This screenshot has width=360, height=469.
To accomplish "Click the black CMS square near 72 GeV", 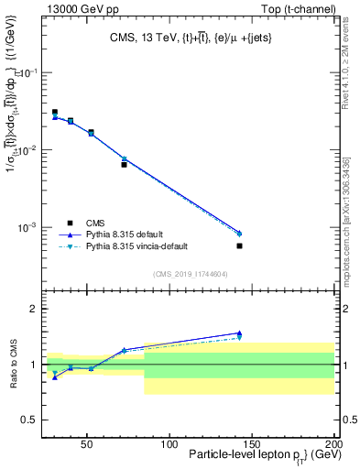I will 124,165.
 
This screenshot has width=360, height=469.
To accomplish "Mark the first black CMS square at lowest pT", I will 55,112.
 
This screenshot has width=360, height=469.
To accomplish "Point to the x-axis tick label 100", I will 169,443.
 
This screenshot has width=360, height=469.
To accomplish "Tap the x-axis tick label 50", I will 87,443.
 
